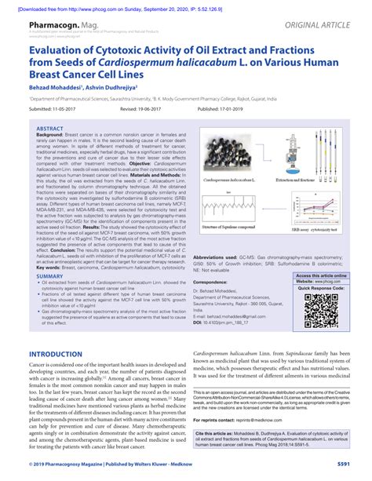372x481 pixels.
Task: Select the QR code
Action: coord(320,313)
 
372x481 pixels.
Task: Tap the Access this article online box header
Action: coord(320,276)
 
